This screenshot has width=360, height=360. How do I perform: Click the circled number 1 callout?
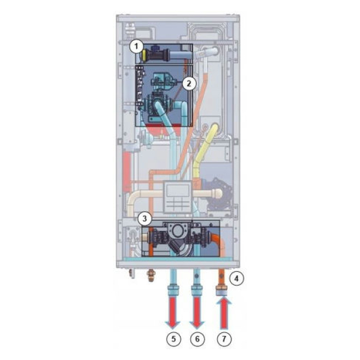coord(136,47)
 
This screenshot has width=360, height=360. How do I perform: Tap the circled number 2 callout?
coord(189,83)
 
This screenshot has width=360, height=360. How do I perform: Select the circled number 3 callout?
coord(145,218)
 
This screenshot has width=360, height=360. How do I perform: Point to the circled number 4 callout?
coord(236,278)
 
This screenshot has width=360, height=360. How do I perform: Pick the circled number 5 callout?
coord(173,339)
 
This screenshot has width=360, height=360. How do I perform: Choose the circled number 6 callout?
coord(197,339)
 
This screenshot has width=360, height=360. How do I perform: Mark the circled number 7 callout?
coord(224,339)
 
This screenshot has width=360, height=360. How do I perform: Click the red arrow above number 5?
coord(173,313)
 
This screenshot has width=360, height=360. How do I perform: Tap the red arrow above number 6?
coord(197,313)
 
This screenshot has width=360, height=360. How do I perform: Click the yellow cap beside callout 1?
coord(145,55)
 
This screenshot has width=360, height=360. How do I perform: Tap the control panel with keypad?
coord(177,196)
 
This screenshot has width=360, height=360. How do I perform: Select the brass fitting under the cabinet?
coord(151,275)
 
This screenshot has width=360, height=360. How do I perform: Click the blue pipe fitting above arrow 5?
coord(173,290)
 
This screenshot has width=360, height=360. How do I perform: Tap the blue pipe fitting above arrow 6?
coord(197,290)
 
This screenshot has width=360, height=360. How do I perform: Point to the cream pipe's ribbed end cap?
coord(217,194)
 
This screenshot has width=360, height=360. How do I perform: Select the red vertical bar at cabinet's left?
coord(126,171)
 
